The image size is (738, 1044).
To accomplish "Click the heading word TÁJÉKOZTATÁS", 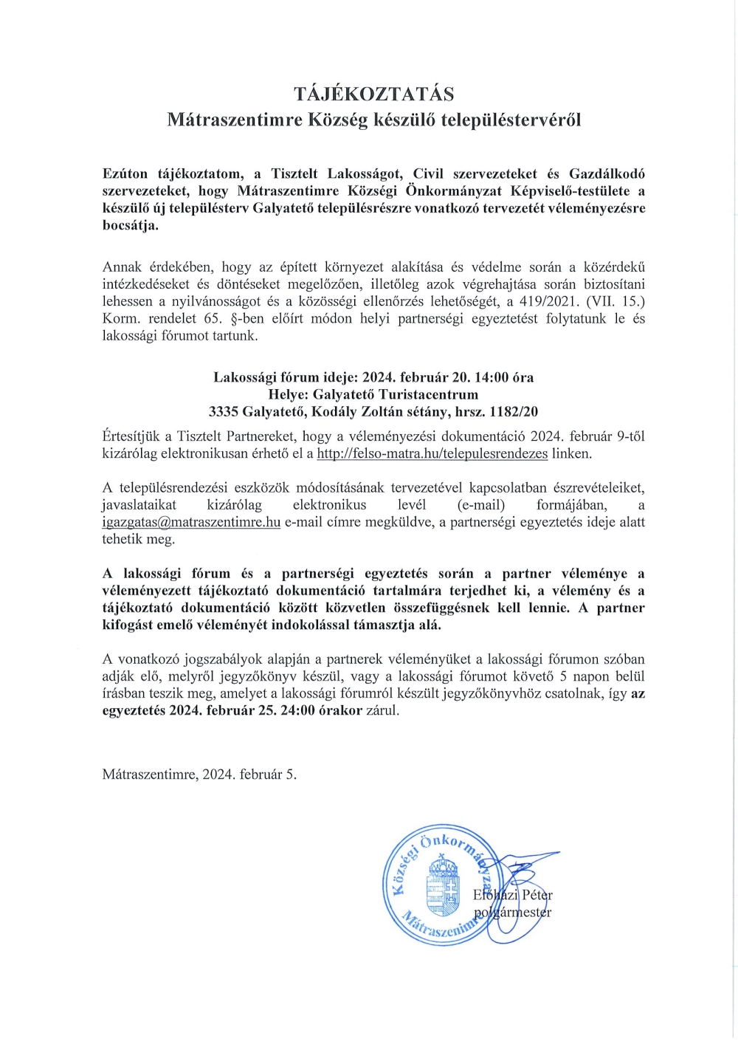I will (373, 94).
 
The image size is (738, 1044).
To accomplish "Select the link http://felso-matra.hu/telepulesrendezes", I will (432, 453).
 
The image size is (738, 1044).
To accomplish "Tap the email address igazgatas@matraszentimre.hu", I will (191, 522).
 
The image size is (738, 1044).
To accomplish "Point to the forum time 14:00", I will (491, 377).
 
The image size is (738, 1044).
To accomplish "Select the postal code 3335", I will (224, 411).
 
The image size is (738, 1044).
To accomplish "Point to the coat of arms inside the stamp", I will (444, 886).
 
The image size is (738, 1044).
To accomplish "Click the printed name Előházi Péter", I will (513, 895).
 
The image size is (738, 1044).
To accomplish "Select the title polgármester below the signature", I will (512, 912).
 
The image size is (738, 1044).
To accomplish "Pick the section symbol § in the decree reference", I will (235, 318).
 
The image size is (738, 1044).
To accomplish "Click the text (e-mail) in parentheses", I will (481, 505).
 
